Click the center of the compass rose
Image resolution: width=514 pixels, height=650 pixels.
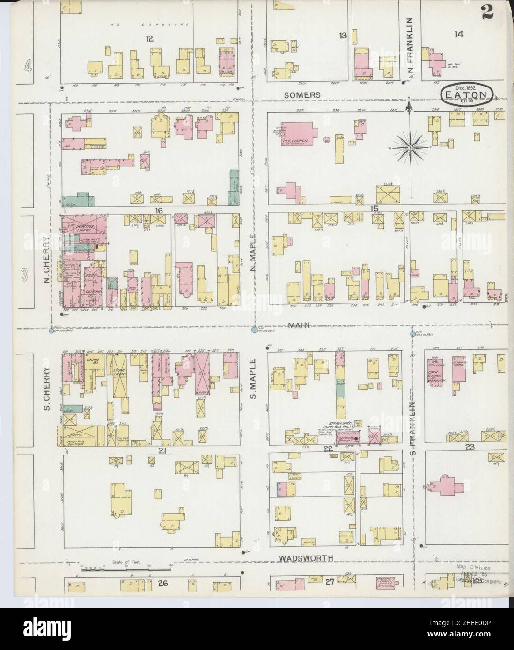[x=410, y=148]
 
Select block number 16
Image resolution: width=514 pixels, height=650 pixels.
[x=159, y=211]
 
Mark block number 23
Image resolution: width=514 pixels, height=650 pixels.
[x=470, y=447]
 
